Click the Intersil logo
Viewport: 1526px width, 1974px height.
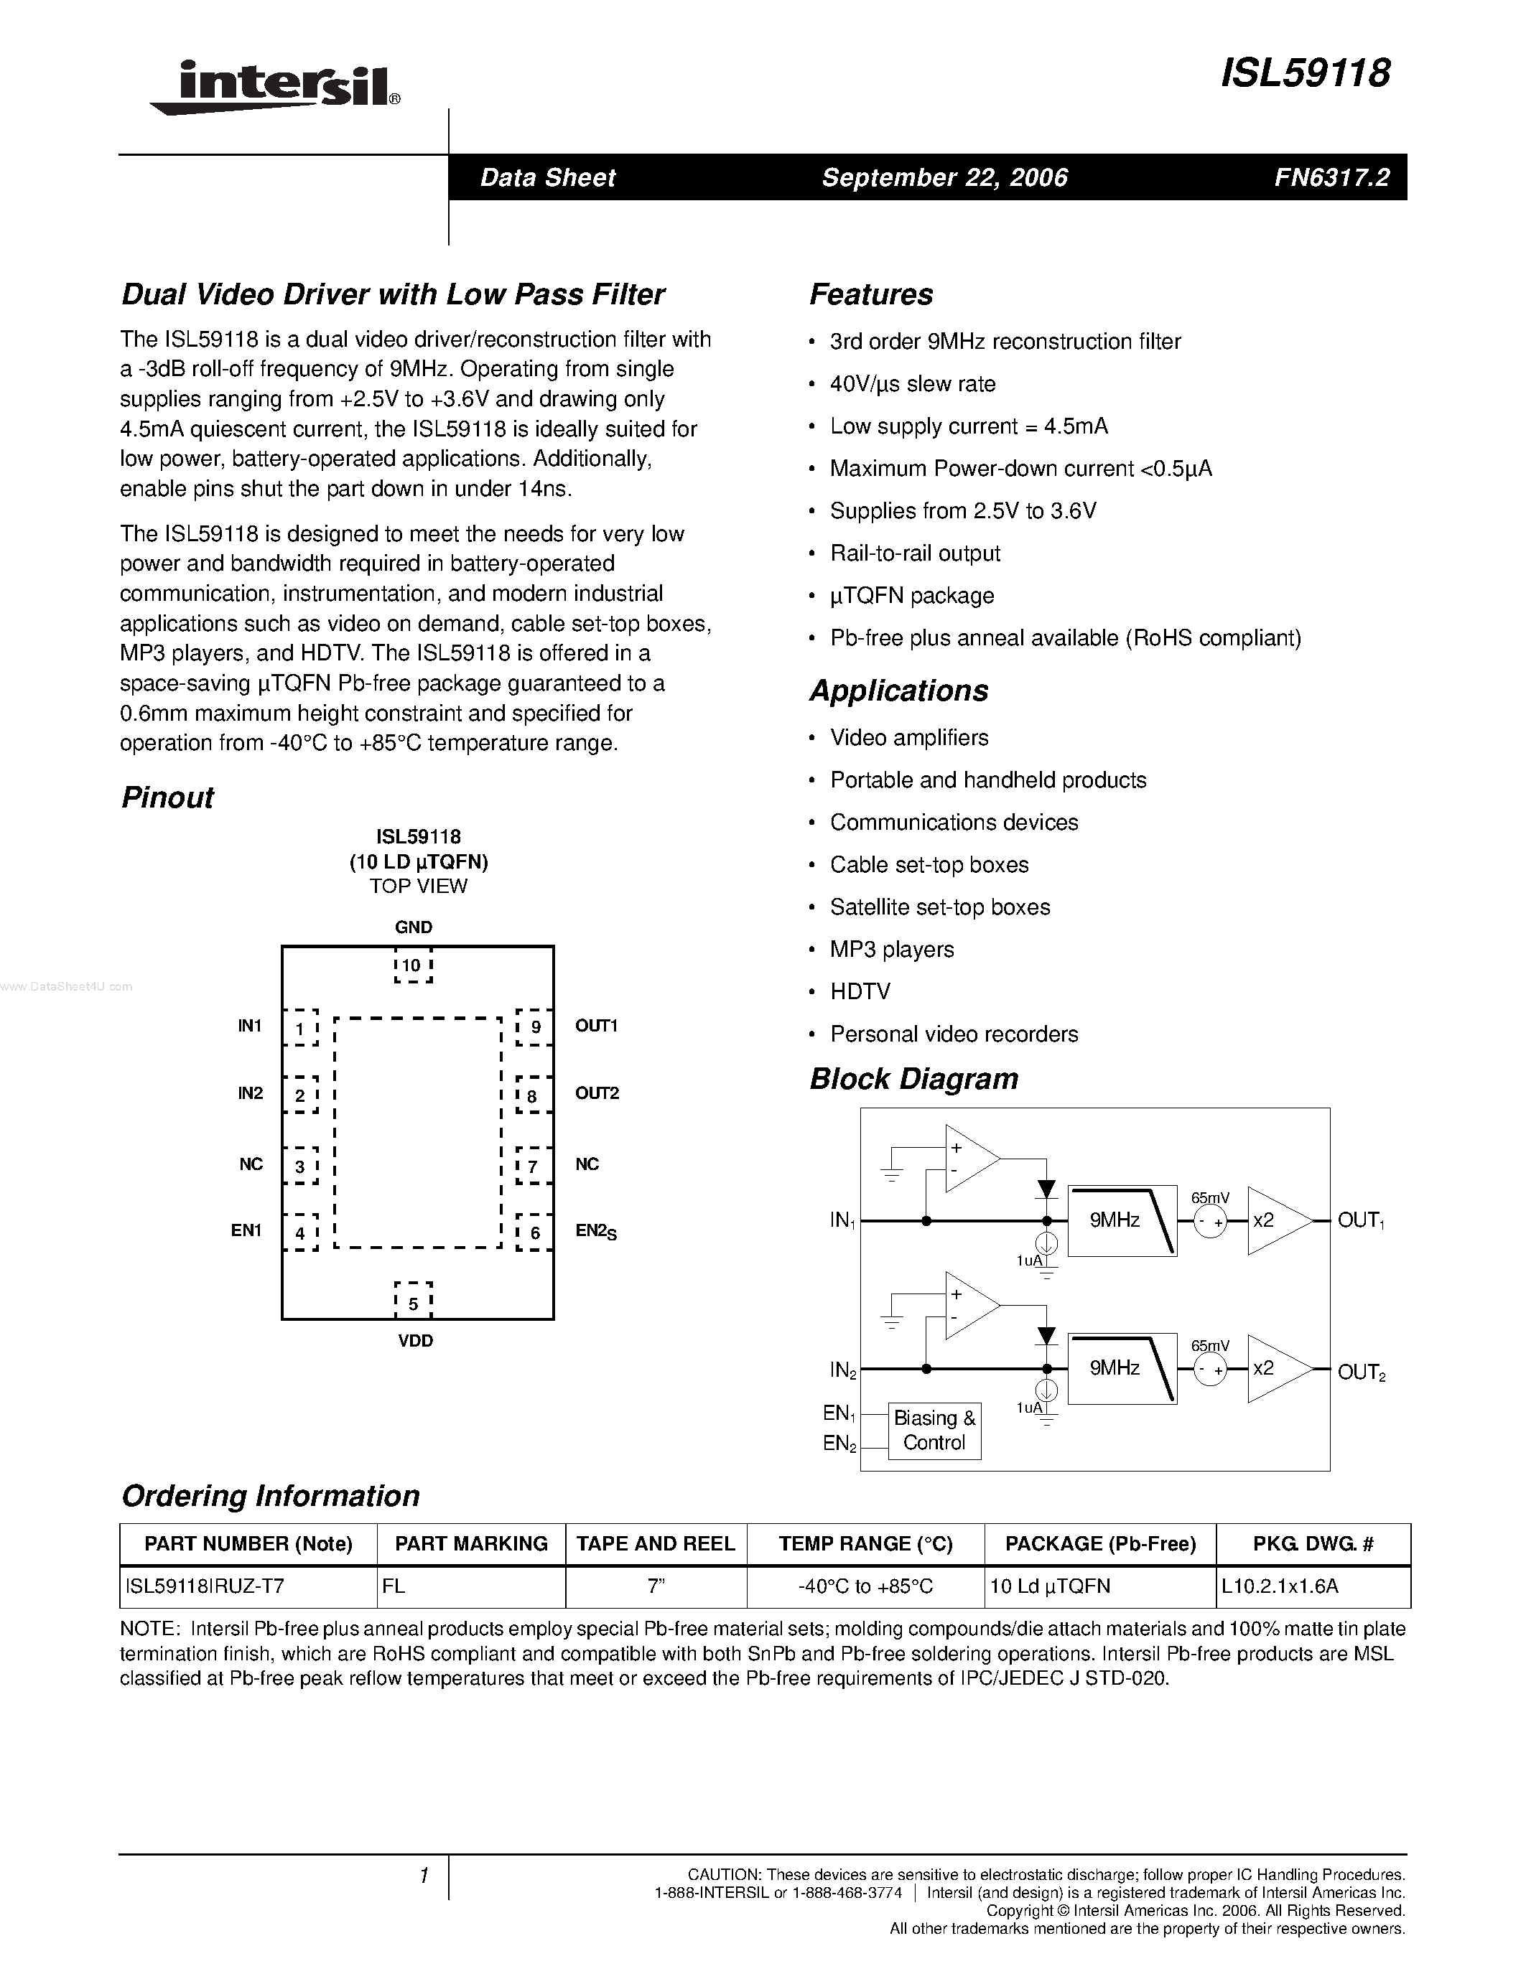(276, 87)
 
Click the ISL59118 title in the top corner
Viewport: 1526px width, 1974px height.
(1306, 73)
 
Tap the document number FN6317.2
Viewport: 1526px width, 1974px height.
(1331, 178)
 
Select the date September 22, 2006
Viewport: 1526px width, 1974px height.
(945, 178)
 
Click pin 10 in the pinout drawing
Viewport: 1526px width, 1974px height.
(412, 965)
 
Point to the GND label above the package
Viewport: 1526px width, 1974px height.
(413, 927)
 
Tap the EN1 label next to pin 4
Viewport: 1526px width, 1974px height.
(246, 1230)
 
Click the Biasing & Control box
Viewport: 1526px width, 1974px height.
(934, 1430)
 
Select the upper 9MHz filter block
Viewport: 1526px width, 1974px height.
(1121, 1220)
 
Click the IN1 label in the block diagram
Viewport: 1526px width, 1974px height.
(842, 1220)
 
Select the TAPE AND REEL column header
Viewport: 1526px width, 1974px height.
(656, 1544)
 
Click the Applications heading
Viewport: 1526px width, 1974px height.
(898, 691)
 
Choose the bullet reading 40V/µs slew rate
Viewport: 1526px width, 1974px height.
(912, 384)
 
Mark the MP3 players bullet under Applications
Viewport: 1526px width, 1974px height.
(891, 950)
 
